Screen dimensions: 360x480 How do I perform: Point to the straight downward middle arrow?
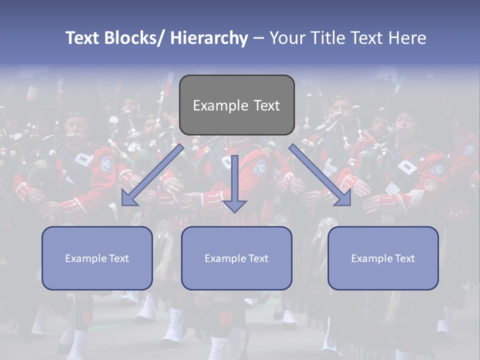234,180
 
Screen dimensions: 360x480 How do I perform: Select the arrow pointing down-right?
320,175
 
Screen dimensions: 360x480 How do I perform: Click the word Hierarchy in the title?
209,38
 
